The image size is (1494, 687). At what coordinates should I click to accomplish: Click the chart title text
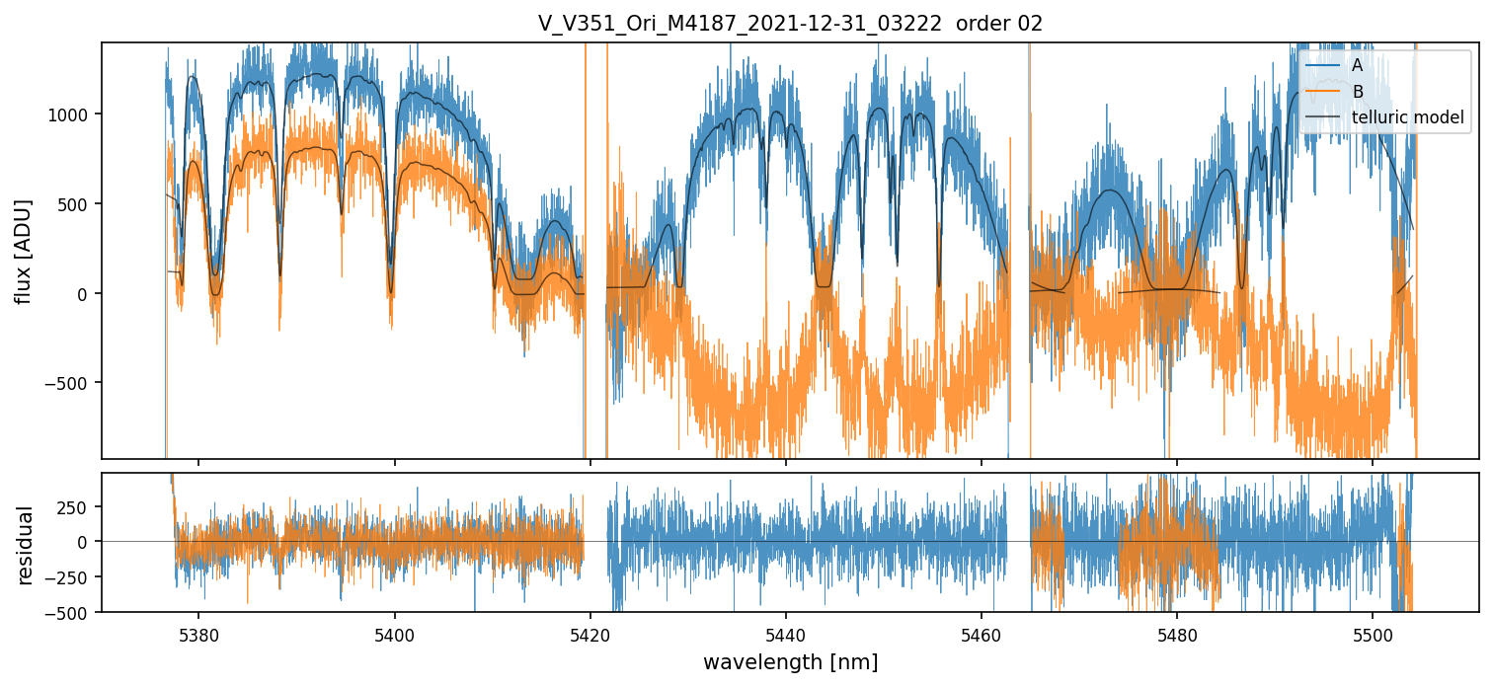click(790, 24)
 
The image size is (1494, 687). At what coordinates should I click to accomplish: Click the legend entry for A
click(1357, 65)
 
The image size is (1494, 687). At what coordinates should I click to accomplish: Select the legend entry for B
click(1357, 92)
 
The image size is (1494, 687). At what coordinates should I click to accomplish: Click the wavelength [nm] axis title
click(790, 661)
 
